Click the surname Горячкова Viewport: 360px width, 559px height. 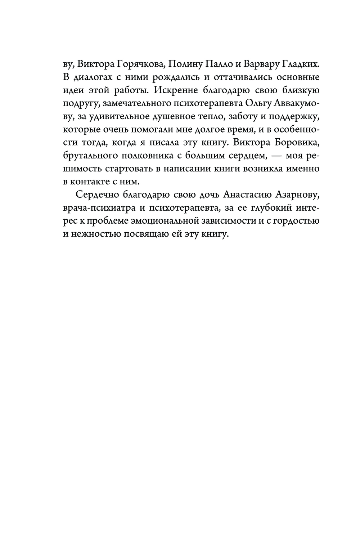coord(138,64)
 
